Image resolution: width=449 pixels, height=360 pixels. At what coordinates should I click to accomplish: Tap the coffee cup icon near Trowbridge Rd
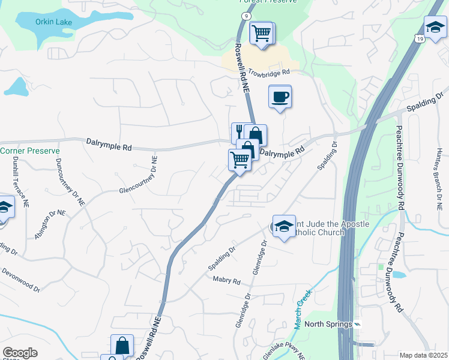point(280,97)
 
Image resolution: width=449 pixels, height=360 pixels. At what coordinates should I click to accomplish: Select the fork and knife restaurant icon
point(238,131)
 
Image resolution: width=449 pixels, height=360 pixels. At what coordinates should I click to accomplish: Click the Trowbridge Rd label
point(269,71)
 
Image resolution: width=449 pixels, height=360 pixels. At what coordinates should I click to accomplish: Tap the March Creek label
point(304,308)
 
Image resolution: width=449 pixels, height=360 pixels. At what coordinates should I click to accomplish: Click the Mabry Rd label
point(226,281)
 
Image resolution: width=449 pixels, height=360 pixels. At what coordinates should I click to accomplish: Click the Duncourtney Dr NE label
point(70,182)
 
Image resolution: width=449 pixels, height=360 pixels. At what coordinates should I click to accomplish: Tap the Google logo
point(20,353)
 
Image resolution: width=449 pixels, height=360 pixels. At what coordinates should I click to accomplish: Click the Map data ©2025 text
point(423,355)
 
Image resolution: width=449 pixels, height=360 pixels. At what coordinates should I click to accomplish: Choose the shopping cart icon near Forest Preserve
point(261,32)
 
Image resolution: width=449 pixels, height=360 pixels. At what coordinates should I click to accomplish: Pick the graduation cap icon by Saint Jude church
point(284,225)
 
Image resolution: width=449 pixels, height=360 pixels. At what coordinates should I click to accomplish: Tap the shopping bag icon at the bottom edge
point(122,346)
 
